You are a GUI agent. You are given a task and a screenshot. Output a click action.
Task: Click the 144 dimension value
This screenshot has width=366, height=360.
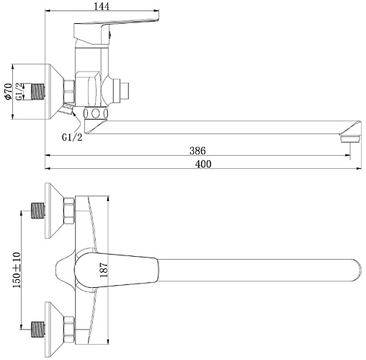point(102,6)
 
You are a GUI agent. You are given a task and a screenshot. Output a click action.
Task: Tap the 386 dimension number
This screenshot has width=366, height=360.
point(197,151)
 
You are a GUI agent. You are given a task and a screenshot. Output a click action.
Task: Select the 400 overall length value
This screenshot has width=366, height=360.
point(203,164)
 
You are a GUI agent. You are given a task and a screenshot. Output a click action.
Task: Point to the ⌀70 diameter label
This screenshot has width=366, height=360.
point(9,92)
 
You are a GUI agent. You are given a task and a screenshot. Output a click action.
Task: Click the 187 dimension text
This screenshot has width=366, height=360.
point(104,270)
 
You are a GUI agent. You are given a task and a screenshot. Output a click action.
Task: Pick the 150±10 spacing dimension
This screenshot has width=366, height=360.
point(17,270)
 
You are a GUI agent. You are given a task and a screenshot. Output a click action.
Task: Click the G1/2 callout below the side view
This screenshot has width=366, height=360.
point(72,137)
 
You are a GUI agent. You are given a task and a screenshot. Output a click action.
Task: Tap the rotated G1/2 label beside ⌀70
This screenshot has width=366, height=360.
point(19,92)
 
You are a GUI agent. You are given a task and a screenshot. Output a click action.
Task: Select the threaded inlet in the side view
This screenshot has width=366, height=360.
point(38,92)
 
